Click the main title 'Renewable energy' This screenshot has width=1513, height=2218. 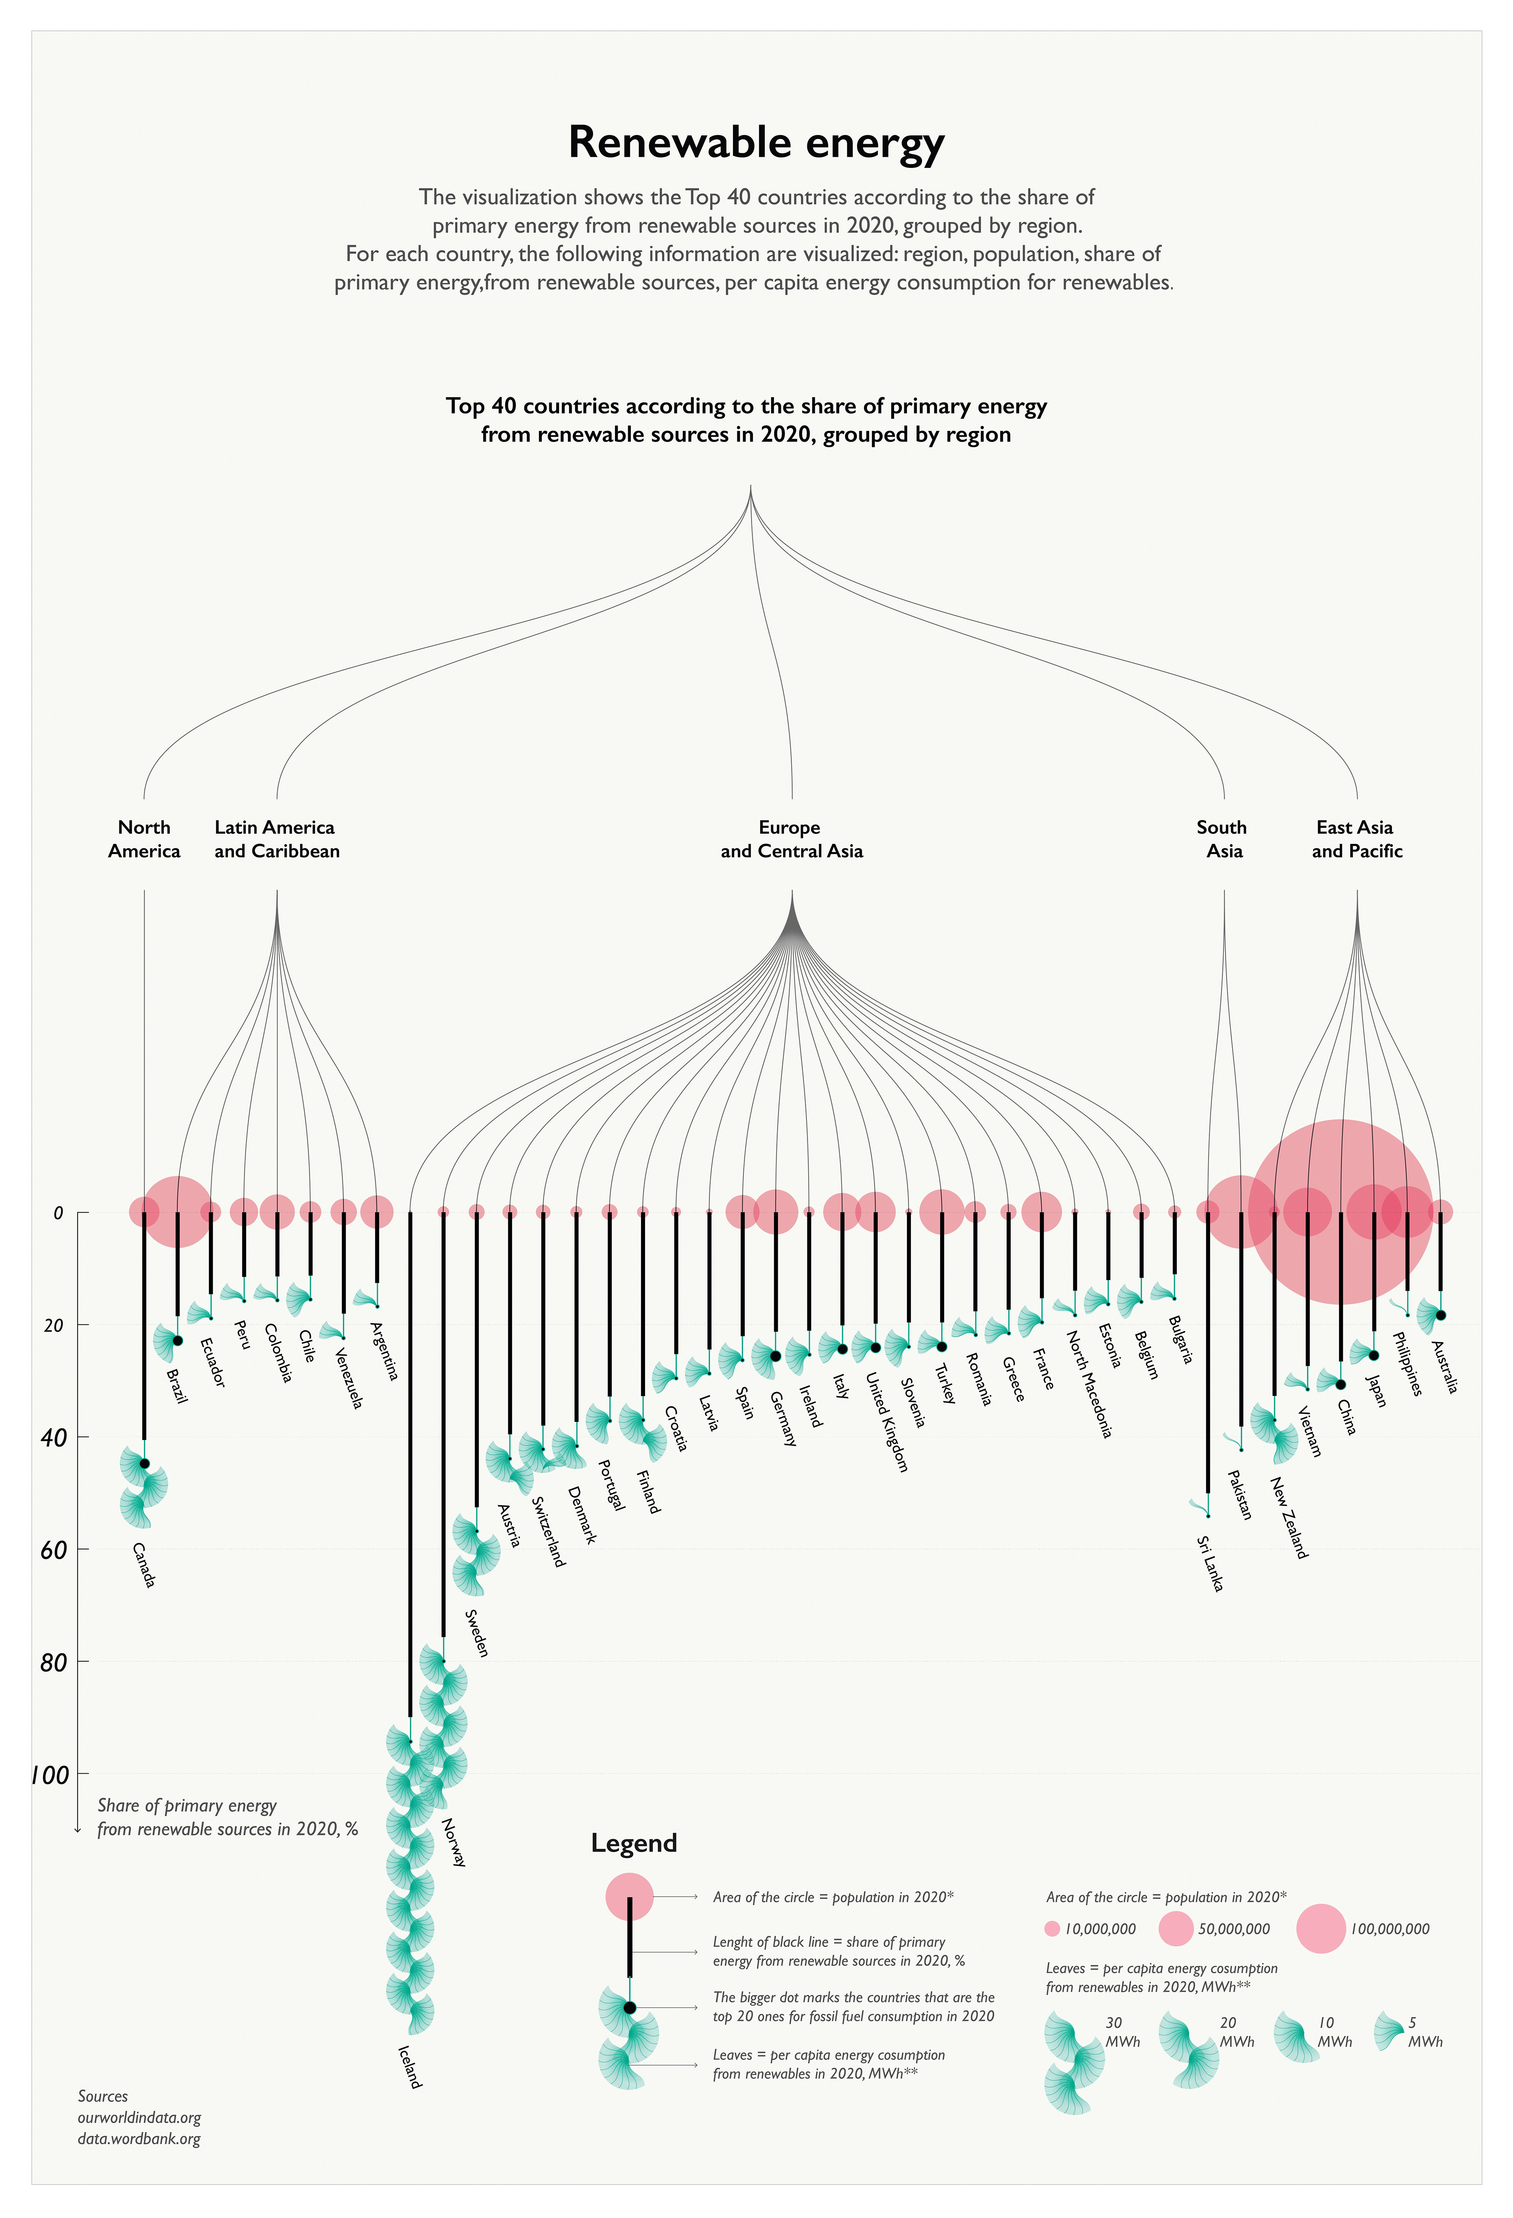756,143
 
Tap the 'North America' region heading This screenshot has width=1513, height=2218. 144,839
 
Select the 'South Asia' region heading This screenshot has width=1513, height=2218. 1223,839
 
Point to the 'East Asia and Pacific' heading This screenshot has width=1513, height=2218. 1357,839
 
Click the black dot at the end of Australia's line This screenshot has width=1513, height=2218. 1441,1315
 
